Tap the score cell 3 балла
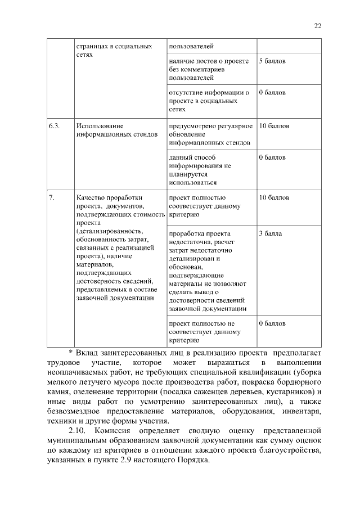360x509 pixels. tap(271, 233)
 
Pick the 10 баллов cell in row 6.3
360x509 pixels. tap(274, 126)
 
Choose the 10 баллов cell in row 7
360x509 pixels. tap(274, 198)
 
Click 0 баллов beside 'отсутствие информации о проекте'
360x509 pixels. tap(272, 92)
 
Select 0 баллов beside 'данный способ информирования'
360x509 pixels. tap(272, 158)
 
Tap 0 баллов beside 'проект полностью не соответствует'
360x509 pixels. tap(272, 323)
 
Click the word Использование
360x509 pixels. tap(100, 126)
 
